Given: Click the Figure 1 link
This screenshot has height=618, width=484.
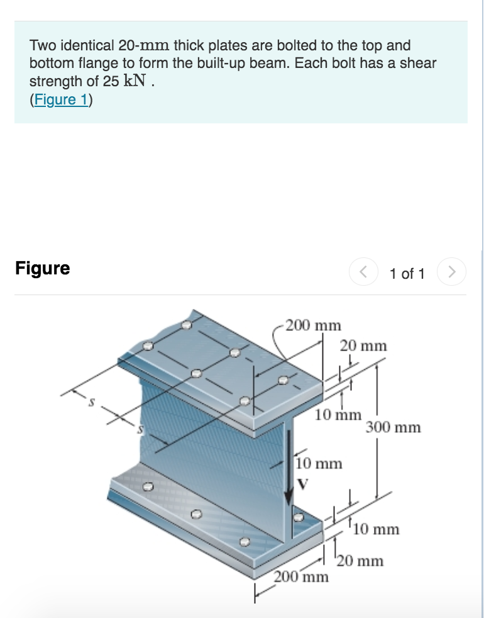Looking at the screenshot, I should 61,100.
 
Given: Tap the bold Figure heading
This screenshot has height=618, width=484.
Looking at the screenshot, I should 42,269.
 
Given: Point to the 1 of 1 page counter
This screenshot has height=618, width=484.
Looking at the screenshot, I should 407,274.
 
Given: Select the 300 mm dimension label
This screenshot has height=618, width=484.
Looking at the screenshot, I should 393,428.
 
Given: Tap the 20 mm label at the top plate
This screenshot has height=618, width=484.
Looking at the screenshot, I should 363,346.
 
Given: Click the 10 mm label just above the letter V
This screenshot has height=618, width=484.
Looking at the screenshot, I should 319,464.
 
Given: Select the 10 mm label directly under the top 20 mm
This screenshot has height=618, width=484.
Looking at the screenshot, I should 338,415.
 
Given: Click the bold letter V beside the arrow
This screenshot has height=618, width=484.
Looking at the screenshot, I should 304,483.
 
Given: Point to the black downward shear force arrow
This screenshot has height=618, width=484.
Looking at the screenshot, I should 289,466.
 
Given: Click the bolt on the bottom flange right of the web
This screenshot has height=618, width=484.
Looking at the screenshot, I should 299,517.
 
